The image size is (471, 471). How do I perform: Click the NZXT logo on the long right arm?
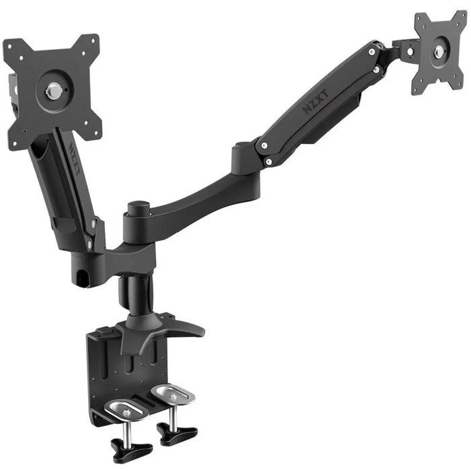point(315,102)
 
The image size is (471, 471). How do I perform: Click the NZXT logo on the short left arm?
point(75,159)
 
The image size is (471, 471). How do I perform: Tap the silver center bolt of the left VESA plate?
point(53,91)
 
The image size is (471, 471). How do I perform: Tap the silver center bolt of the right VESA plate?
point(439,52)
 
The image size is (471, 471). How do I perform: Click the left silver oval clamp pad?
point(127,410)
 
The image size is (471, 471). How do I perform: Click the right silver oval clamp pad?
point(173,394)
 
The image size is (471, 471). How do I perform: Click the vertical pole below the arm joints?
point(137,296)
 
